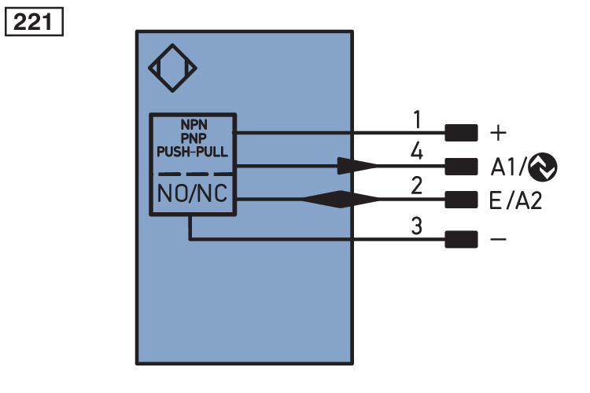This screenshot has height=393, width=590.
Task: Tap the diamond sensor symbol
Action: (172, 68)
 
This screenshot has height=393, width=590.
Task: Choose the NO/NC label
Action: (193, 193)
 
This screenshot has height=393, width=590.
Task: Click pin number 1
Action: (418, 119)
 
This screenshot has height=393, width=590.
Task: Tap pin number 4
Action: (417, 151)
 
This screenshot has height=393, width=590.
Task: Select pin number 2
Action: (417, 185)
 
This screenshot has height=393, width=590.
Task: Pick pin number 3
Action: (418, 226)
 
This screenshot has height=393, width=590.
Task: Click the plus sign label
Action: (498, 133)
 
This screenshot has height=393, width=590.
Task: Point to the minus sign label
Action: (498, 239)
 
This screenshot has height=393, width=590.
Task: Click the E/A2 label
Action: (514, 200)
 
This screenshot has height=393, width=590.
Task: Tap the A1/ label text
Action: (508, 166)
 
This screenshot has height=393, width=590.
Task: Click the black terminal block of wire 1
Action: (461, 133)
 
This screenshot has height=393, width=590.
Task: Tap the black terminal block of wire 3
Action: (461, 239)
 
